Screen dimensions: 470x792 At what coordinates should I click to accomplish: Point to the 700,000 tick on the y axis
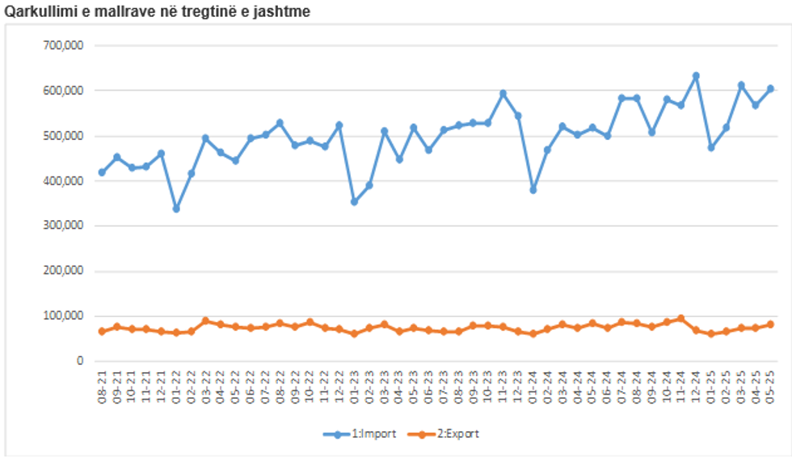click(x=65, y=45)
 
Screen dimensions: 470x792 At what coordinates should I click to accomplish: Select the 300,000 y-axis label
click(x=65, y=227)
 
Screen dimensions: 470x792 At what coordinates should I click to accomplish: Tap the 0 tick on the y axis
click(x=79, y=362)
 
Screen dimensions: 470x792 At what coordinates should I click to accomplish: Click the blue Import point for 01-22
click(x=176, y=209)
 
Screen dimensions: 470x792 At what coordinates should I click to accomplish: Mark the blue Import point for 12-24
click(x=696, y=76)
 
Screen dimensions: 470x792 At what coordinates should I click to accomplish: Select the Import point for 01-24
click(x=533, y=190)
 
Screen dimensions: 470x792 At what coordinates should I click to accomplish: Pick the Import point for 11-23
click(x=503, y=93)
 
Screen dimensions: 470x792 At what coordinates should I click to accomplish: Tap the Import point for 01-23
click(x=354, y=201)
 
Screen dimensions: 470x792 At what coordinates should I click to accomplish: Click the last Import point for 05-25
click(x=770, y=89)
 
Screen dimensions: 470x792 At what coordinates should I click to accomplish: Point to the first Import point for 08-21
click(x=102, y=172)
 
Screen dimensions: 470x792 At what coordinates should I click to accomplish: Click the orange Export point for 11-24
click(x=680, y=319)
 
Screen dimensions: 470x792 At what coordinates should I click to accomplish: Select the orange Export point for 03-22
click(x=205, y=321)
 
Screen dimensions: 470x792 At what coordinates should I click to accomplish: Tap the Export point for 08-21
click(x=102, y=332)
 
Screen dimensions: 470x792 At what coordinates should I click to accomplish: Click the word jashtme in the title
click(x=284, y=12)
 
